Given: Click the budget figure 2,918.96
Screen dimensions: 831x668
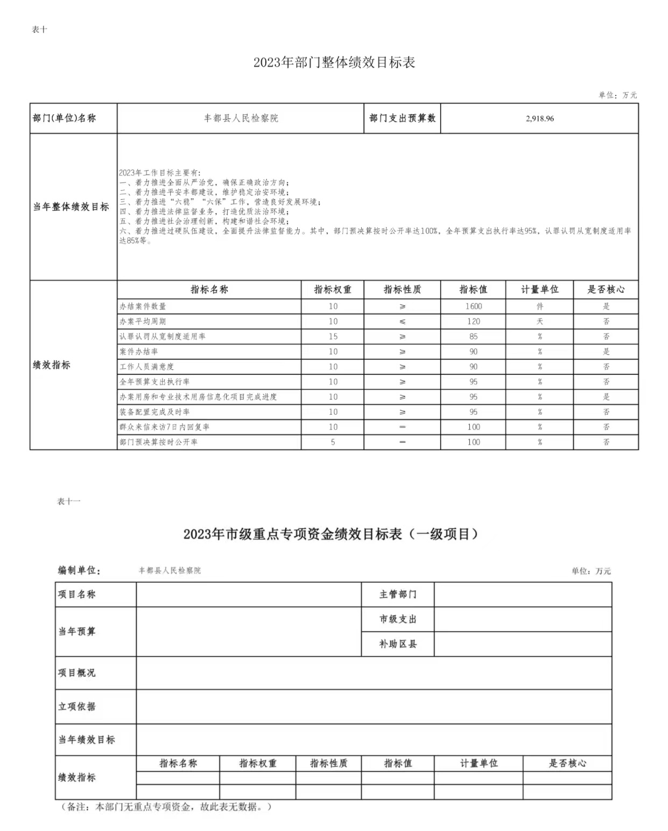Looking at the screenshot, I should [539, 118].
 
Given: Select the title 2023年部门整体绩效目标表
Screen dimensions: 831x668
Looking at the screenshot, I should [334, 62].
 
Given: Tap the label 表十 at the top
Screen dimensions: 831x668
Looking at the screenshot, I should [40, 30].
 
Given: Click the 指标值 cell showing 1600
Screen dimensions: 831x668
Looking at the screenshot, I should [473, 306].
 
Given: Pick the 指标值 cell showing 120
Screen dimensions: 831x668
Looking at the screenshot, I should [473, 322].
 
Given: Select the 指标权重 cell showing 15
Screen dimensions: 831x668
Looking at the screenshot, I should [333, 337].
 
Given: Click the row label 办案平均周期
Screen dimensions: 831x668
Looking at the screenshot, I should [143, 322].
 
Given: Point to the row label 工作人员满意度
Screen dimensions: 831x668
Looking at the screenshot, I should [146, 367].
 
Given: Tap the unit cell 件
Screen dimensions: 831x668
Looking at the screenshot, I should [539, 306].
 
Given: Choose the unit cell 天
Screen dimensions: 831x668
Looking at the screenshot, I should [539, 322].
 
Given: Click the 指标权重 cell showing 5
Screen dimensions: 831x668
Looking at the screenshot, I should [333, 442].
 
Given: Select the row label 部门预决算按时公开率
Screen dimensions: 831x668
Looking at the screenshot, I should [158, 442].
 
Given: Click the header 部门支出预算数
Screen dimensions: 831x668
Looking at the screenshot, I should [402, 118].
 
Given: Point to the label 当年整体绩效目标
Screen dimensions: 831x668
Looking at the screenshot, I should [71, 207].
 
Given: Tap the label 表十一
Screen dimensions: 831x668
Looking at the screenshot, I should [68, 501].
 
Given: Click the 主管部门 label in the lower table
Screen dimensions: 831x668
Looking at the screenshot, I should [398, 595].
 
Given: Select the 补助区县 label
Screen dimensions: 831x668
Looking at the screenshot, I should [398, 644].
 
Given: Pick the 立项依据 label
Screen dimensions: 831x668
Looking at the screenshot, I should [77, 707].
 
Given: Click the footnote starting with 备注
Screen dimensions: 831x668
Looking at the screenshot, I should [167, 807].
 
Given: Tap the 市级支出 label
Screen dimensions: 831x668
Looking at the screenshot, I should [398, 619].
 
